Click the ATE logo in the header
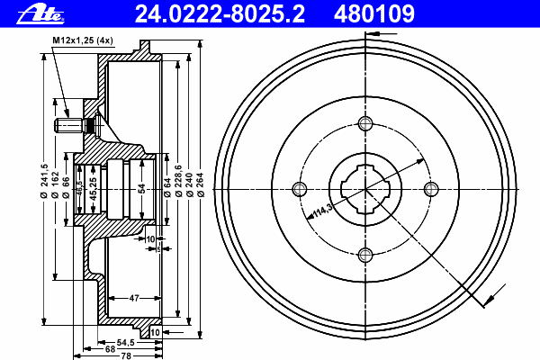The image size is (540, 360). [40, 14]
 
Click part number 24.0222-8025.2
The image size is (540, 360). [220, 13]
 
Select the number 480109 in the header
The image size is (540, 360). [374, 13]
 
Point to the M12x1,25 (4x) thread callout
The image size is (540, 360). [83, 40]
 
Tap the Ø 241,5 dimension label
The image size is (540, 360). [44, 181]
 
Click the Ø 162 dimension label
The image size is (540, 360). [55, 184]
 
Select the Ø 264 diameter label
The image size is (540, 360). [201, 184]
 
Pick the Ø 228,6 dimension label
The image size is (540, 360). [178, 181]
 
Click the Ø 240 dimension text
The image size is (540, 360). [189, 184]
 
